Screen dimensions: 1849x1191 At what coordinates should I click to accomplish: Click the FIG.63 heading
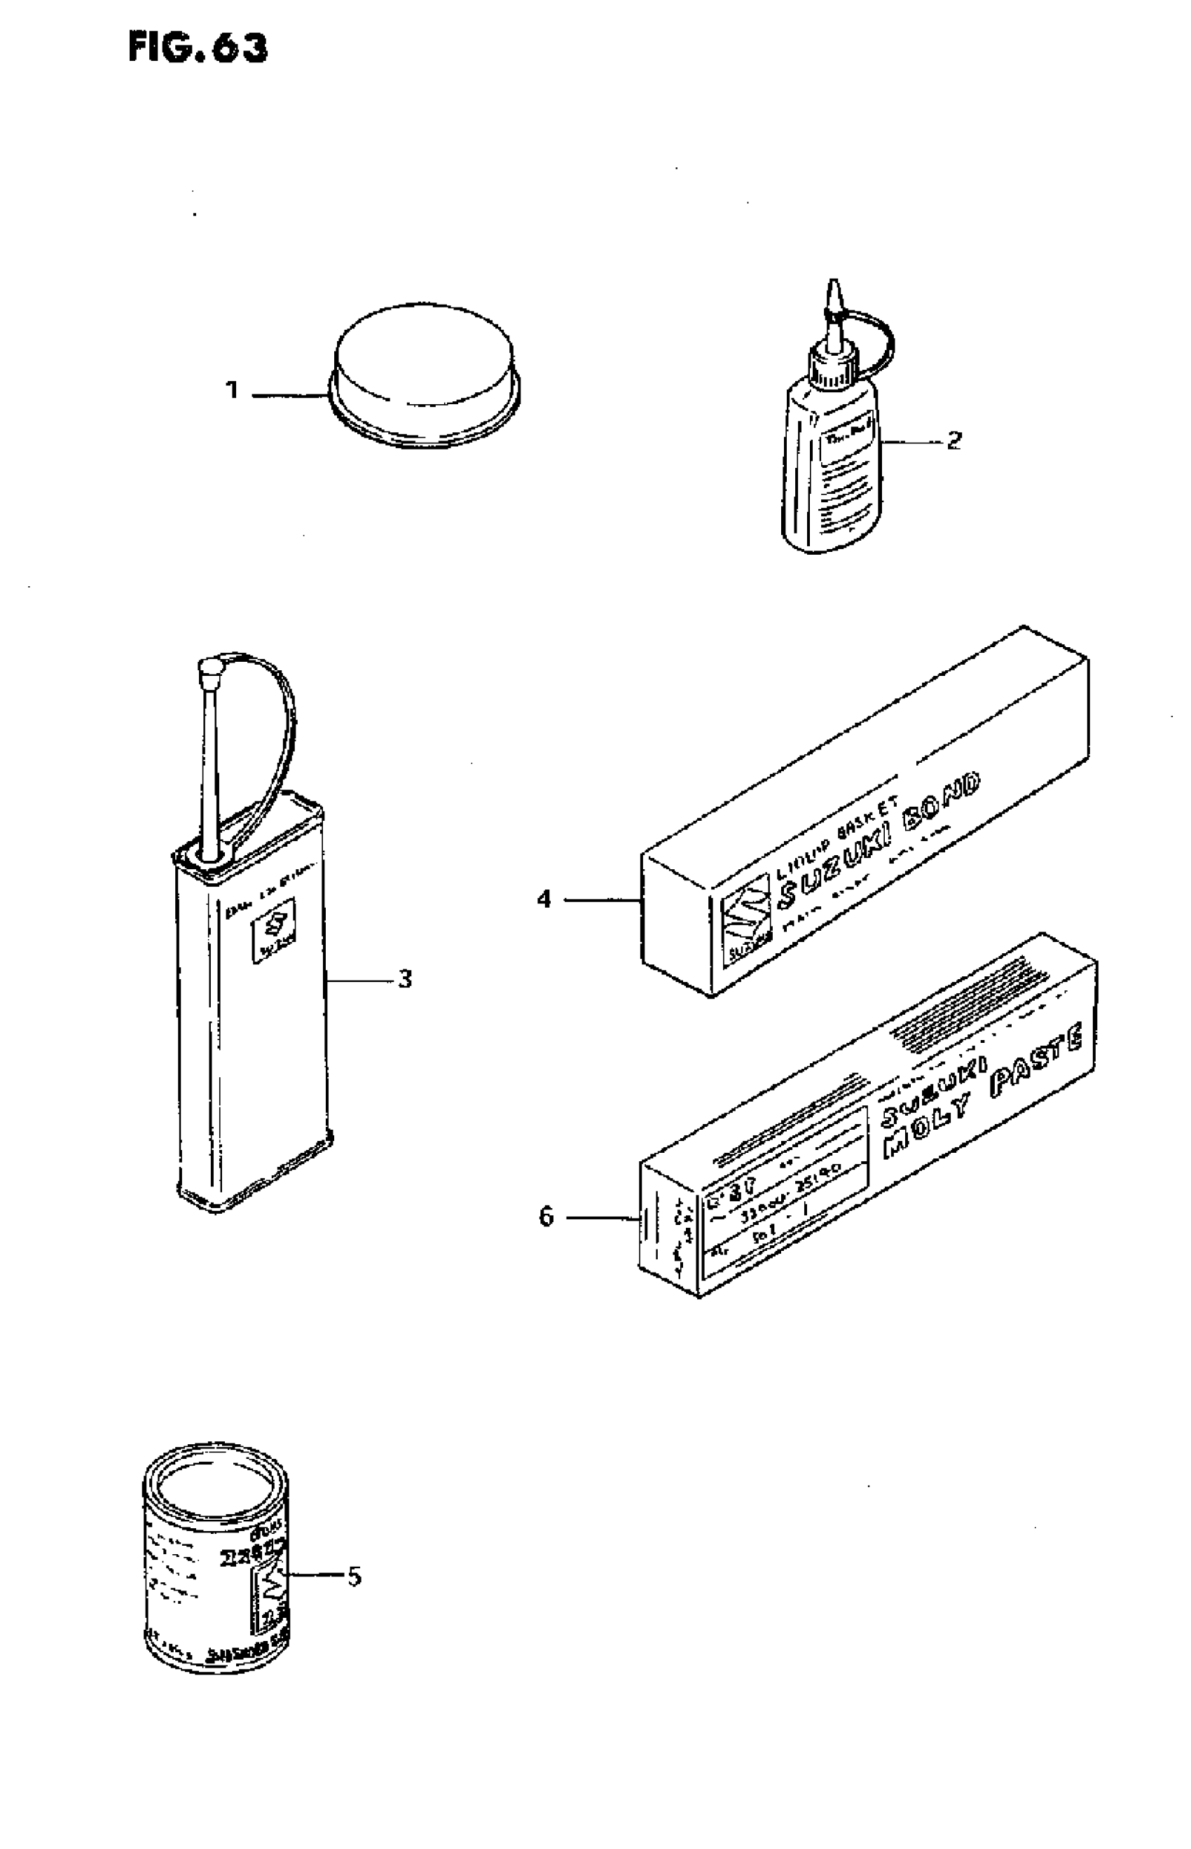pos(198,48)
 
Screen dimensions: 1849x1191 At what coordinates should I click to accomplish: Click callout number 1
pos(232,390)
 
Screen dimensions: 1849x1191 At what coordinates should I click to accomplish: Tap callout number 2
pos(954,441)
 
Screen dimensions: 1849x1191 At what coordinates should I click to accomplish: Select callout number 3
pos(404,979)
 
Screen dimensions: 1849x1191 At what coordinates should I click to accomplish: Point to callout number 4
pos(544,899)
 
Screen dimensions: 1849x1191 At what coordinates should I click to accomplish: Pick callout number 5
pos(354,1576)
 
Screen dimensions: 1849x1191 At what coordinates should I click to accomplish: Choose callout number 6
pos(546,1217)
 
